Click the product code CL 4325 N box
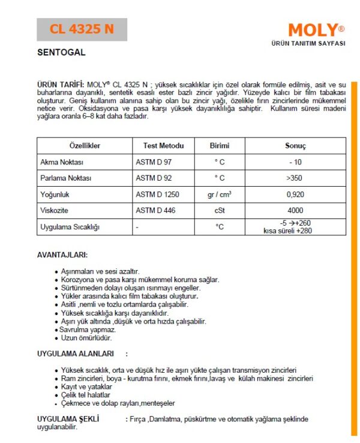click(82, 29)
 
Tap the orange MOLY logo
click(312, 30)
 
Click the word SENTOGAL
click(61, 52)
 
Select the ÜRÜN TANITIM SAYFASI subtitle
click(308, 44)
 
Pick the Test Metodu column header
click(163, 146)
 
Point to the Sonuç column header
click(295, 146)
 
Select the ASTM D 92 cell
click(153, 178)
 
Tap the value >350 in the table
click(295, 178)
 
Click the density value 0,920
click(295, 194)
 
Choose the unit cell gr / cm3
click(219, 194)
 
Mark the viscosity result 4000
click(295, 211)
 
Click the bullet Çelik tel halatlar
click(86, 395)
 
